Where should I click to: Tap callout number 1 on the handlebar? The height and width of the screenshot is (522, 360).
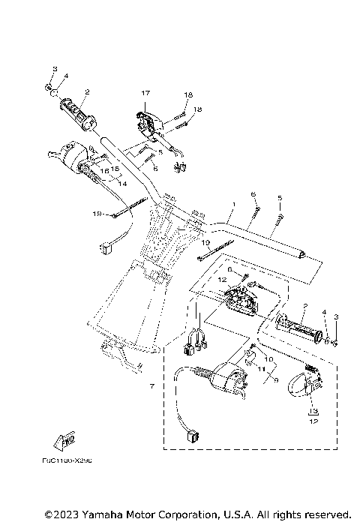(233, 204)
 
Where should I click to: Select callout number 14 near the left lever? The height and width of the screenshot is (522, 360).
(124, 182)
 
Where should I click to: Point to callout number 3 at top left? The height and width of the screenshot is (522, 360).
(55, 70)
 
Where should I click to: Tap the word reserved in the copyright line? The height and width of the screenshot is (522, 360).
(324, 514)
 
